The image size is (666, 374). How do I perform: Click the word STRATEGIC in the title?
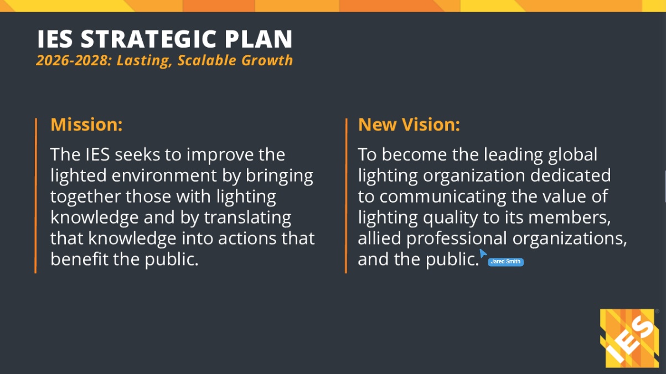[148, 39]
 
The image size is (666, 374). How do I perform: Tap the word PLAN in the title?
[259, 39]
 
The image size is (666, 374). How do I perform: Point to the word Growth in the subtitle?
[267, 60]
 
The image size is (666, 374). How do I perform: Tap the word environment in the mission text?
[164, 175]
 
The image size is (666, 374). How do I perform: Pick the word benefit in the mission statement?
[79, 259]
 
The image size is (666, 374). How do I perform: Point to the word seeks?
[138, 154]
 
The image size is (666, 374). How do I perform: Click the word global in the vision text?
[572, 155]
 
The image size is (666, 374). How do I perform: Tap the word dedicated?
[571, 175]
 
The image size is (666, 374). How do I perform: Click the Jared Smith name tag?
[505, 262]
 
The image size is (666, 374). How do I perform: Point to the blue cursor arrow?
[483, 253]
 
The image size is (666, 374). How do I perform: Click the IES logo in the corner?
[629, 338]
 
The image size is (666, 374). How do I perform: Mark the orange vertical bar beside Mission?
[35, 196]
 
